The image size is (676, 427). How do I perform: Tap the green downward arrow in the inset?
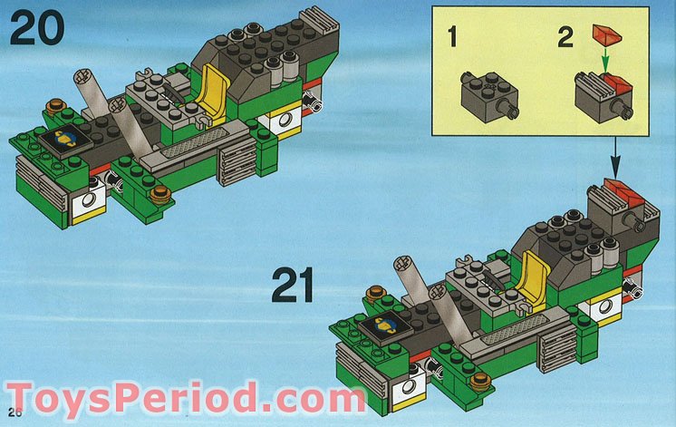[606, 65]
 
